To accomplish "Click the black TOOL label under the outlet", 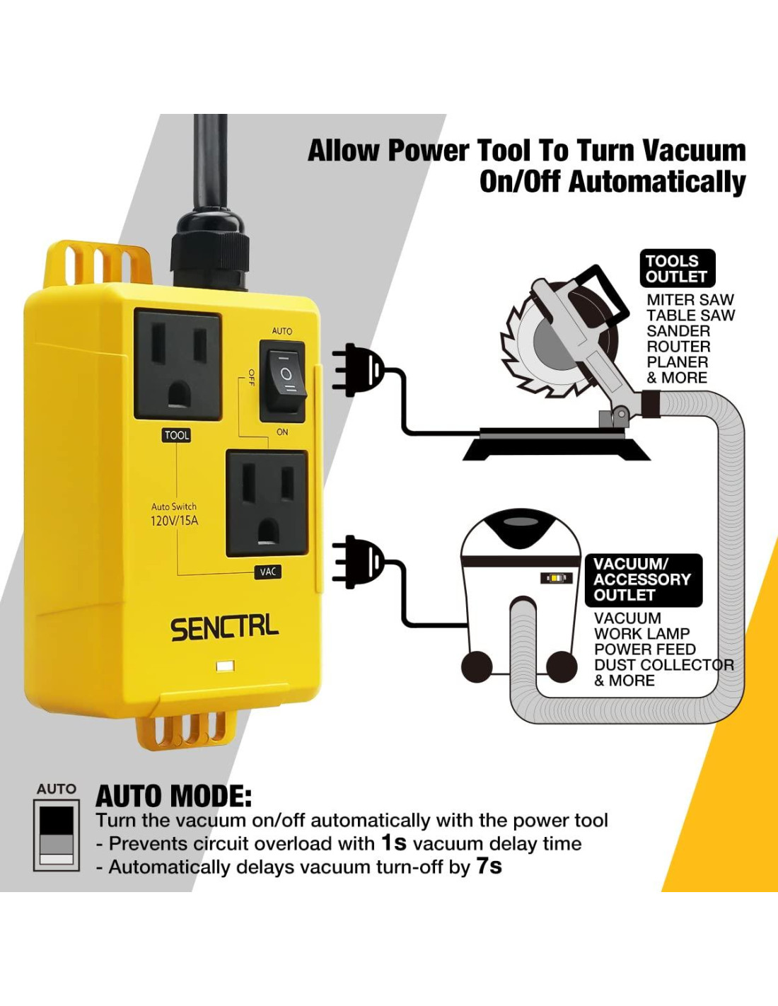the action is (x=176, y=435).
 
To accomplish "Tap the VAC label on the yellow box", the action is (x=268, y=572).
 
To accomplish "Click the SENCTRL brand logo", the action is (x=225, y=629).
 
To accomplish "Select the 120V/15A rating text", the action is (x=175, y=521).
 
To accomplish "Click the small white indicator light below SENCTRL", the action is (x=226, y=666).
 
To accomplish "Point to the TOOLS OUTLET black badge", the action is (x=678, y=269).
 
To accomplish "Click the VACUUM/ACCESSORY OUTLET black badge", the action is (x=644, y=580).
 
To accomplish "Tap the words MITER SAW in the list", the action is (x=690, y=300).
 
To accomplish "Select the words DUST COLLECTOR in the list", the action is (x=664, y=665).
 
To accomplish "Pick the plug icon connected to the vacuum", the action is (x=358, y=562).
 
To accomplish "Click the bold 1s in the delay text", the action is (x=394, y=843).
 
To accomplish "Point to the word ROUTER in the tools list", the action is (x=678, y=347).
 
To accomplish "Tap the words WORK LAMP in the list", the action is (x=642, y=634).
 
